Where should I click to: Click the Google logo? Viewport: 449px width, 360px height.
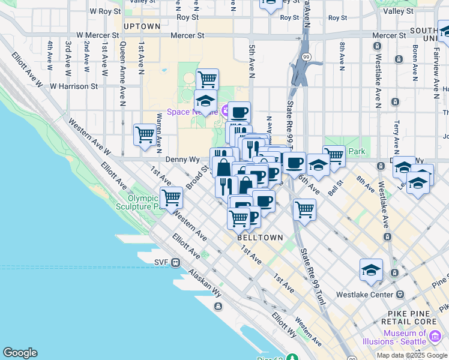(x=20, y=353)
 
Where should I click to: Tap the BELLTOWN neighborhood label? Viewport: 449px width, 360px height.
(x=260, y=238)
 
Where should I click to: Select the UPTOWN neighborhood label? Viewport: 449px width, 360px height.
(x=142, y=26)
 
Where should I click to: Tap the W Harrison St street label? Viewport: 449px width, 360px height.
(x=74, y=86)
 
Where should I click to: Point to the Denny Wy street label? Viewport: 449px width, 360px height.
(x=182, y=160)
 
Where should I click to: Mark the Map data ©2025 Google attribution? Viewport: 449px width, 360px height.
(x=412, y=355)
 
